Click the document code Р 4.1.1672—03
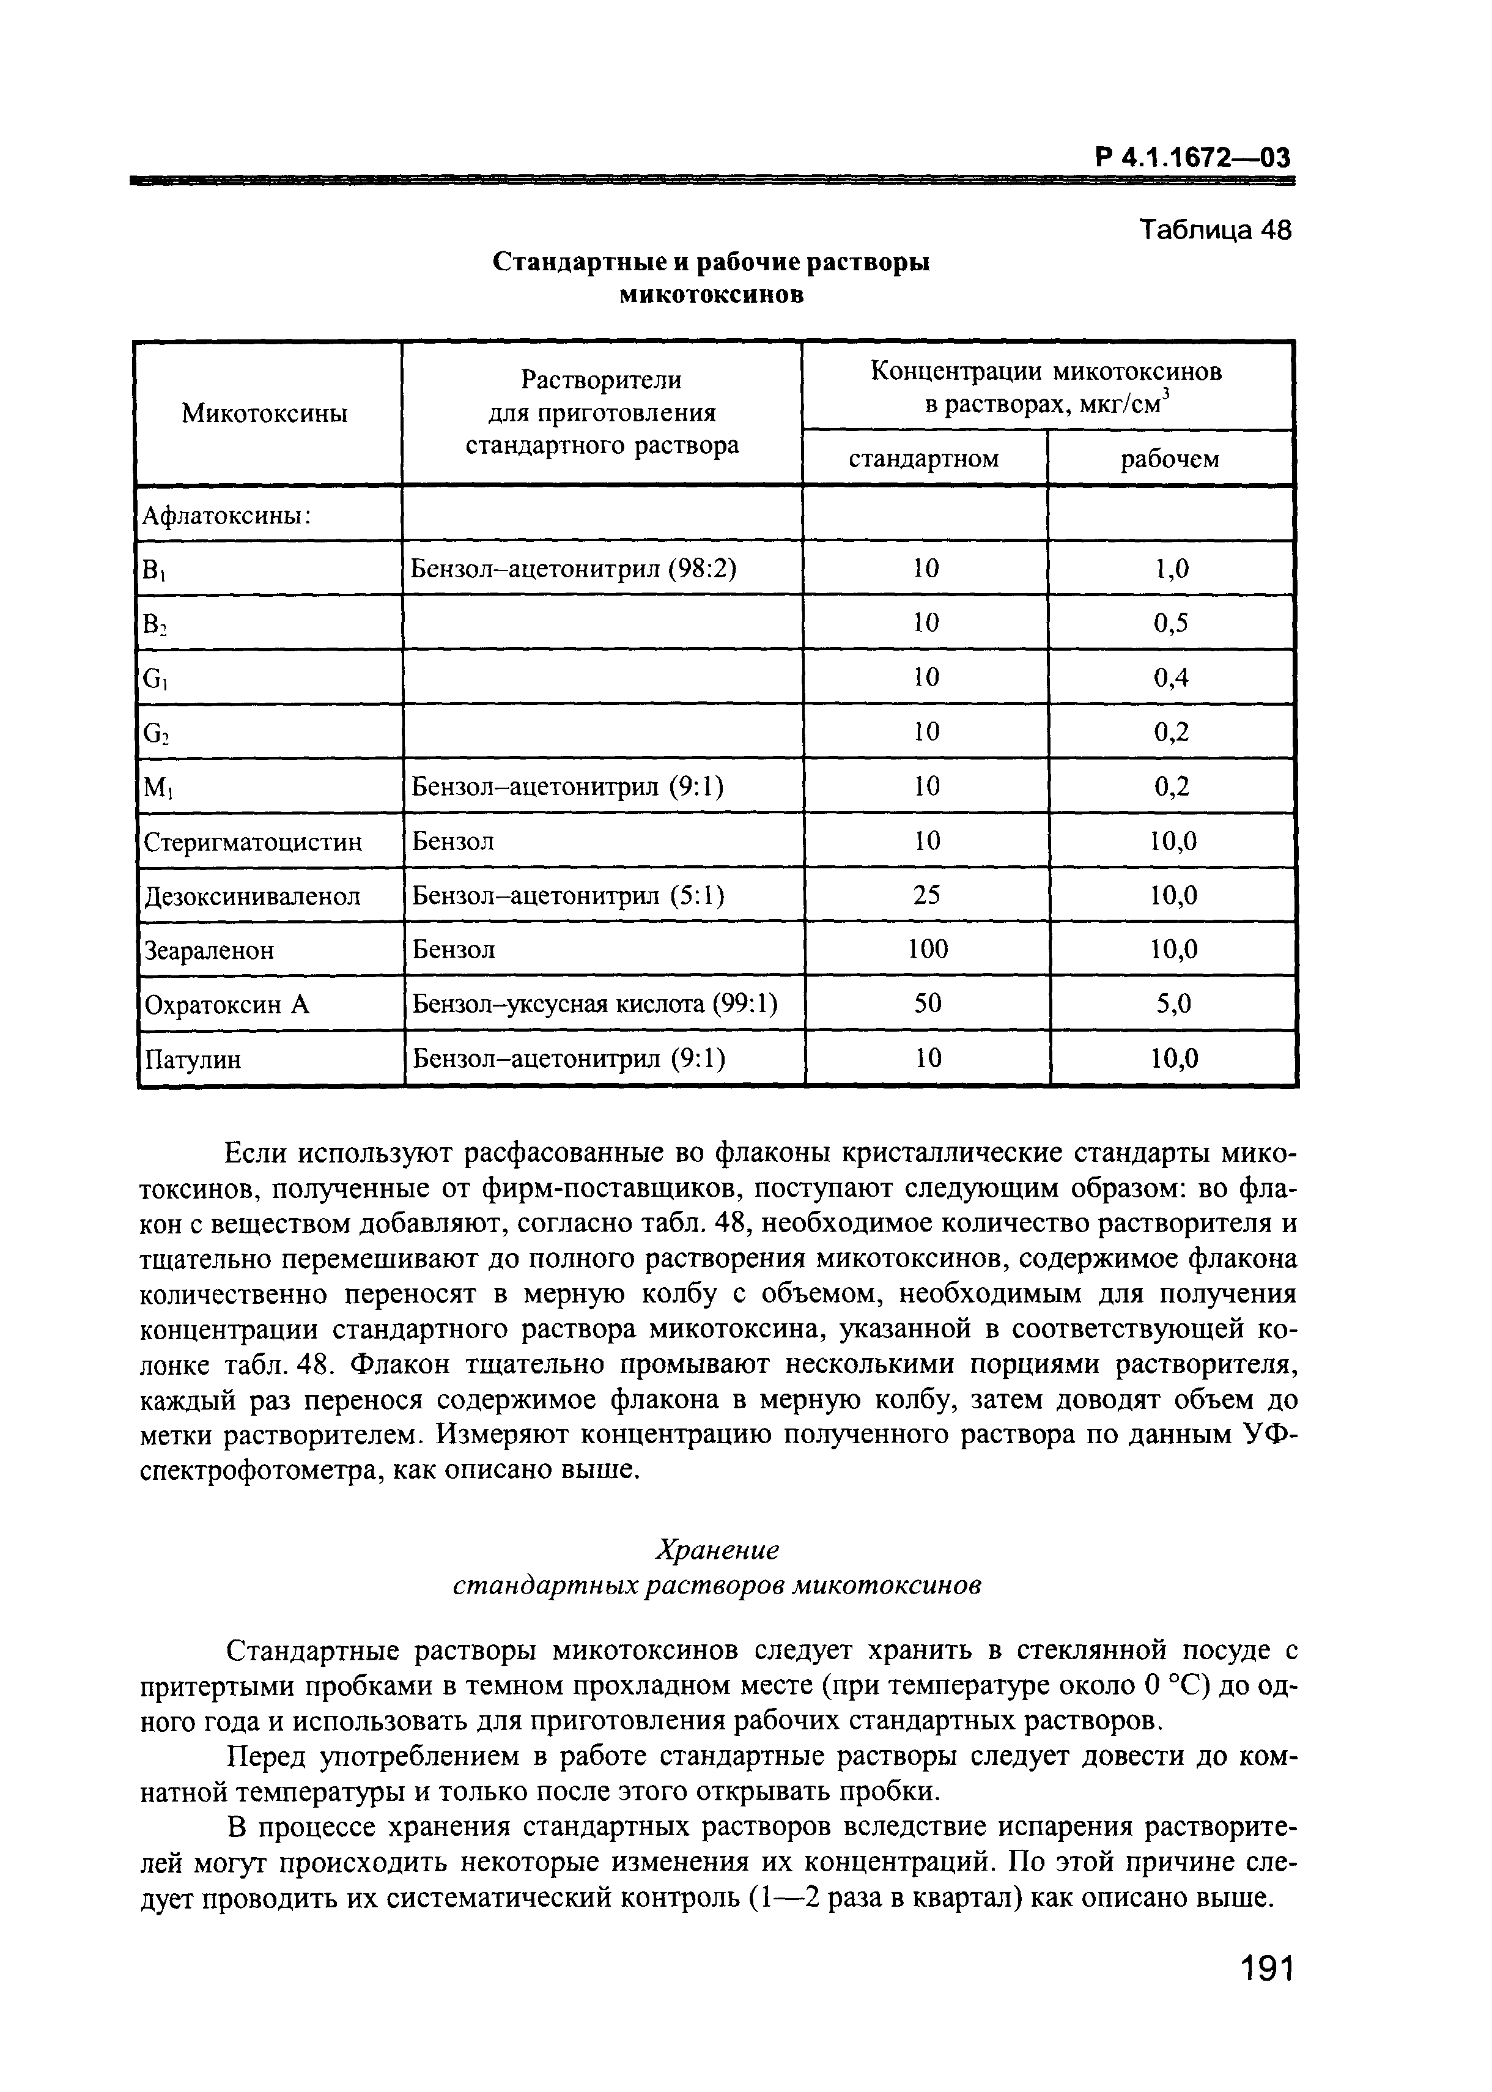(x=1192, y=158)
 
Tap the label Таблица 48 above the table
(x=1214, y=231)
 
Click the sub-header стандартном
(x=923, y=459)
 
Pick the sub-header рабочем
(x=1170, y=459)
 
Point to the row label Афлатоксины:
(x=226, y=516)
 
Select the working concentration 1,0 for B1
(x=1170, y=569)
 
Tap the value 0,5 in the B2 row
(x=1170, y=623)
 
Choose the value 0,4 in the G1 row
(x=1170, y=678)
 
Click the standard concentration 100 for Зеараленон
(x=927, y=949)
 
